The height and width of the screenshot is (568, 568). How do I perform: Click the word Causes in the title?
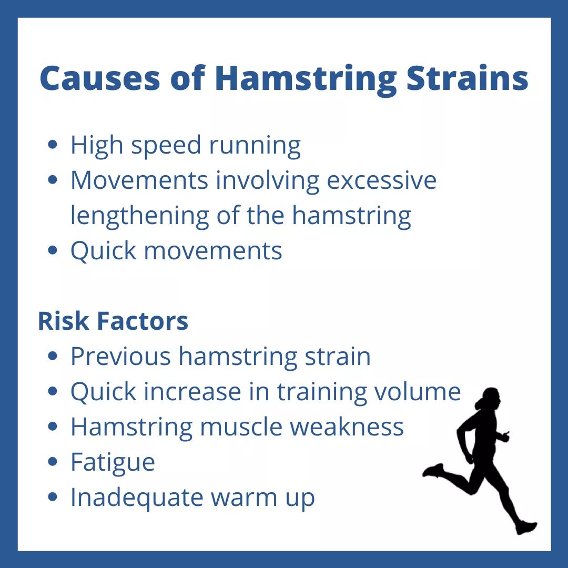99,78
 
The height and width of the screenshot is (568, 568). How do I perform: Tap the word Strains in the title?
467,78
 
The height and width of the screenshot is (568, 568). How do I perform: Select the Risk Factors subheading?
113,321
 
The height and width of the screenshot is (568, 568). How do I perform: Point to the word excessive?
382,180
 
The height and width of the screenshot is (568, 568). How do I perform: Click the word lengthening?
140,216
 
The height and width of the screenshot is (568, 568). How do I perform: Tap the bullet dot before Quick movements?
53,251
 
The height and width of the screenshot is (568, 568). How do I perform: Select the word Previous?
120,356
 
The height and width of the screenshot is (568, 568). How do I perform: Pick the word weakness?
347,427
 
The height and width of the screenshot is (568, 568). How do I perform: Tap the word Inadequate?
137,498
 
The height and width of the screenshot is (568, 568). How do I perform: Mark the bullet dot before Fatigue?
53,462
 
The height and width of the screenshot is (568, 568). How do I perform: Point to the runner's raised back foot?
433,470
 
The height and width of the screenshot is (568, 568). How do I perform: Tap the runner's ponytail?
480,403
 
